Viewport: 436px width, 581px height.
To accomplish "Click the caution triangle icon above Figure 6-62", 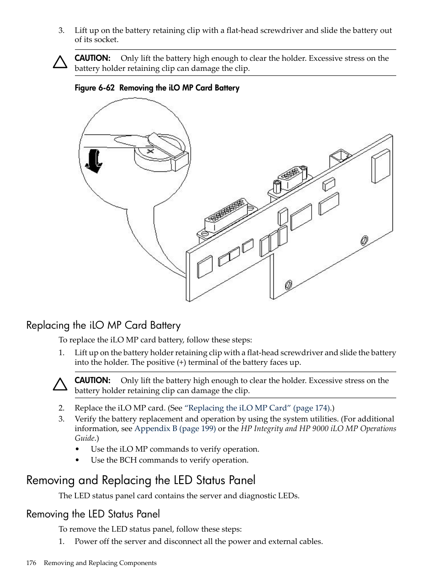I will click(60, 62).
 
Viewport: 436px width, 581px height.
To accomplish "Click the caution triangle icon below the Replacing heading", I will click(60, 384).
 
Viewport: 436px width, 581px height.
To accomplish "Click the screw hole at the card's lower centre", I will click(288, 285).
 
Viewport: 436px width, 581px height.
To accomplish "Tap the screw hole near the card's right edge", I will click(364, 240).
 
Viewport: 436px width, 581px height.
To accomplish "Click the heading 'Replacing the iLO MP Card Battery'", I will click(103, 325).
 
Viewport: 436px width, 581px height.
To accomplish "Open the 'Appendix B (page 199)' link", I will click(175, 428).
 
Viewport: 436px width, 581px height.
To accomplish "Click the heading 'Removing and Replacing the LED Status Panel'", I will click(141, 480).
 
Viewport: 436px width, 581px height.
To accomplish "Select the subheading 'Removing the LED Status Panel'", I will click(93, 514).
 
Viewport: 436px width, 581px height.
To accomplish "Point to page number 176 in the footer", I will click(31, 563).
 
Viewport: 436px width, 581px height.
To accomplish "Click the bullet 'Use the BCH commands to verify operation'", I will click(170, 460).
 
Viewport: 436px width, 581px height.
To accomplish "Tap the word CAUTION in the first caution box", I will click(93, 58).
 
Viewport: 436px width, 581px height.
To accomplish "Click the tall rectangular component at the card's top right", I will click(381, 167).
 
